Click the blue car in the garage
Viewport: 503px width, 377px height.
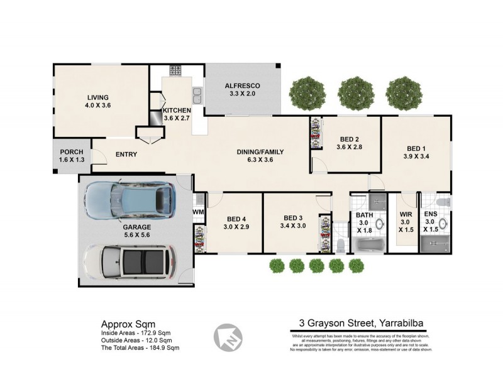pyautogui.click(x=129, y=200)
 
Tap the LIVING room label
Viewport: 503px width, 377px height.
pyautogui.click(x=97, y=97)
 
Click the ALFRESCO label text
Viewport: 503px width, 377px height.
pyautogui.click(x=243, y=85)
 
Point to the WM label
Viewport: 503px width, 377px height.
pyautogui.click(x=198, y=212)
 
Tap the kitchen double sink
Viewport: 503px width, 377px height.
pyautogui.click(x=197, y=96)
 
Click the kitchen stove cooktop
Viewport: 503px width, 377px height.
pyautogui.click(x=174, y=70)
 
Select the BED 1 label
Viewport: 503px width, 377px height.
pyautogui.click(x=416, y=149)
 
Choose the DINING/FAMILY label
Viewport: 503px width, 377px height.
pyautogui.click(x=260, y=152)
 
